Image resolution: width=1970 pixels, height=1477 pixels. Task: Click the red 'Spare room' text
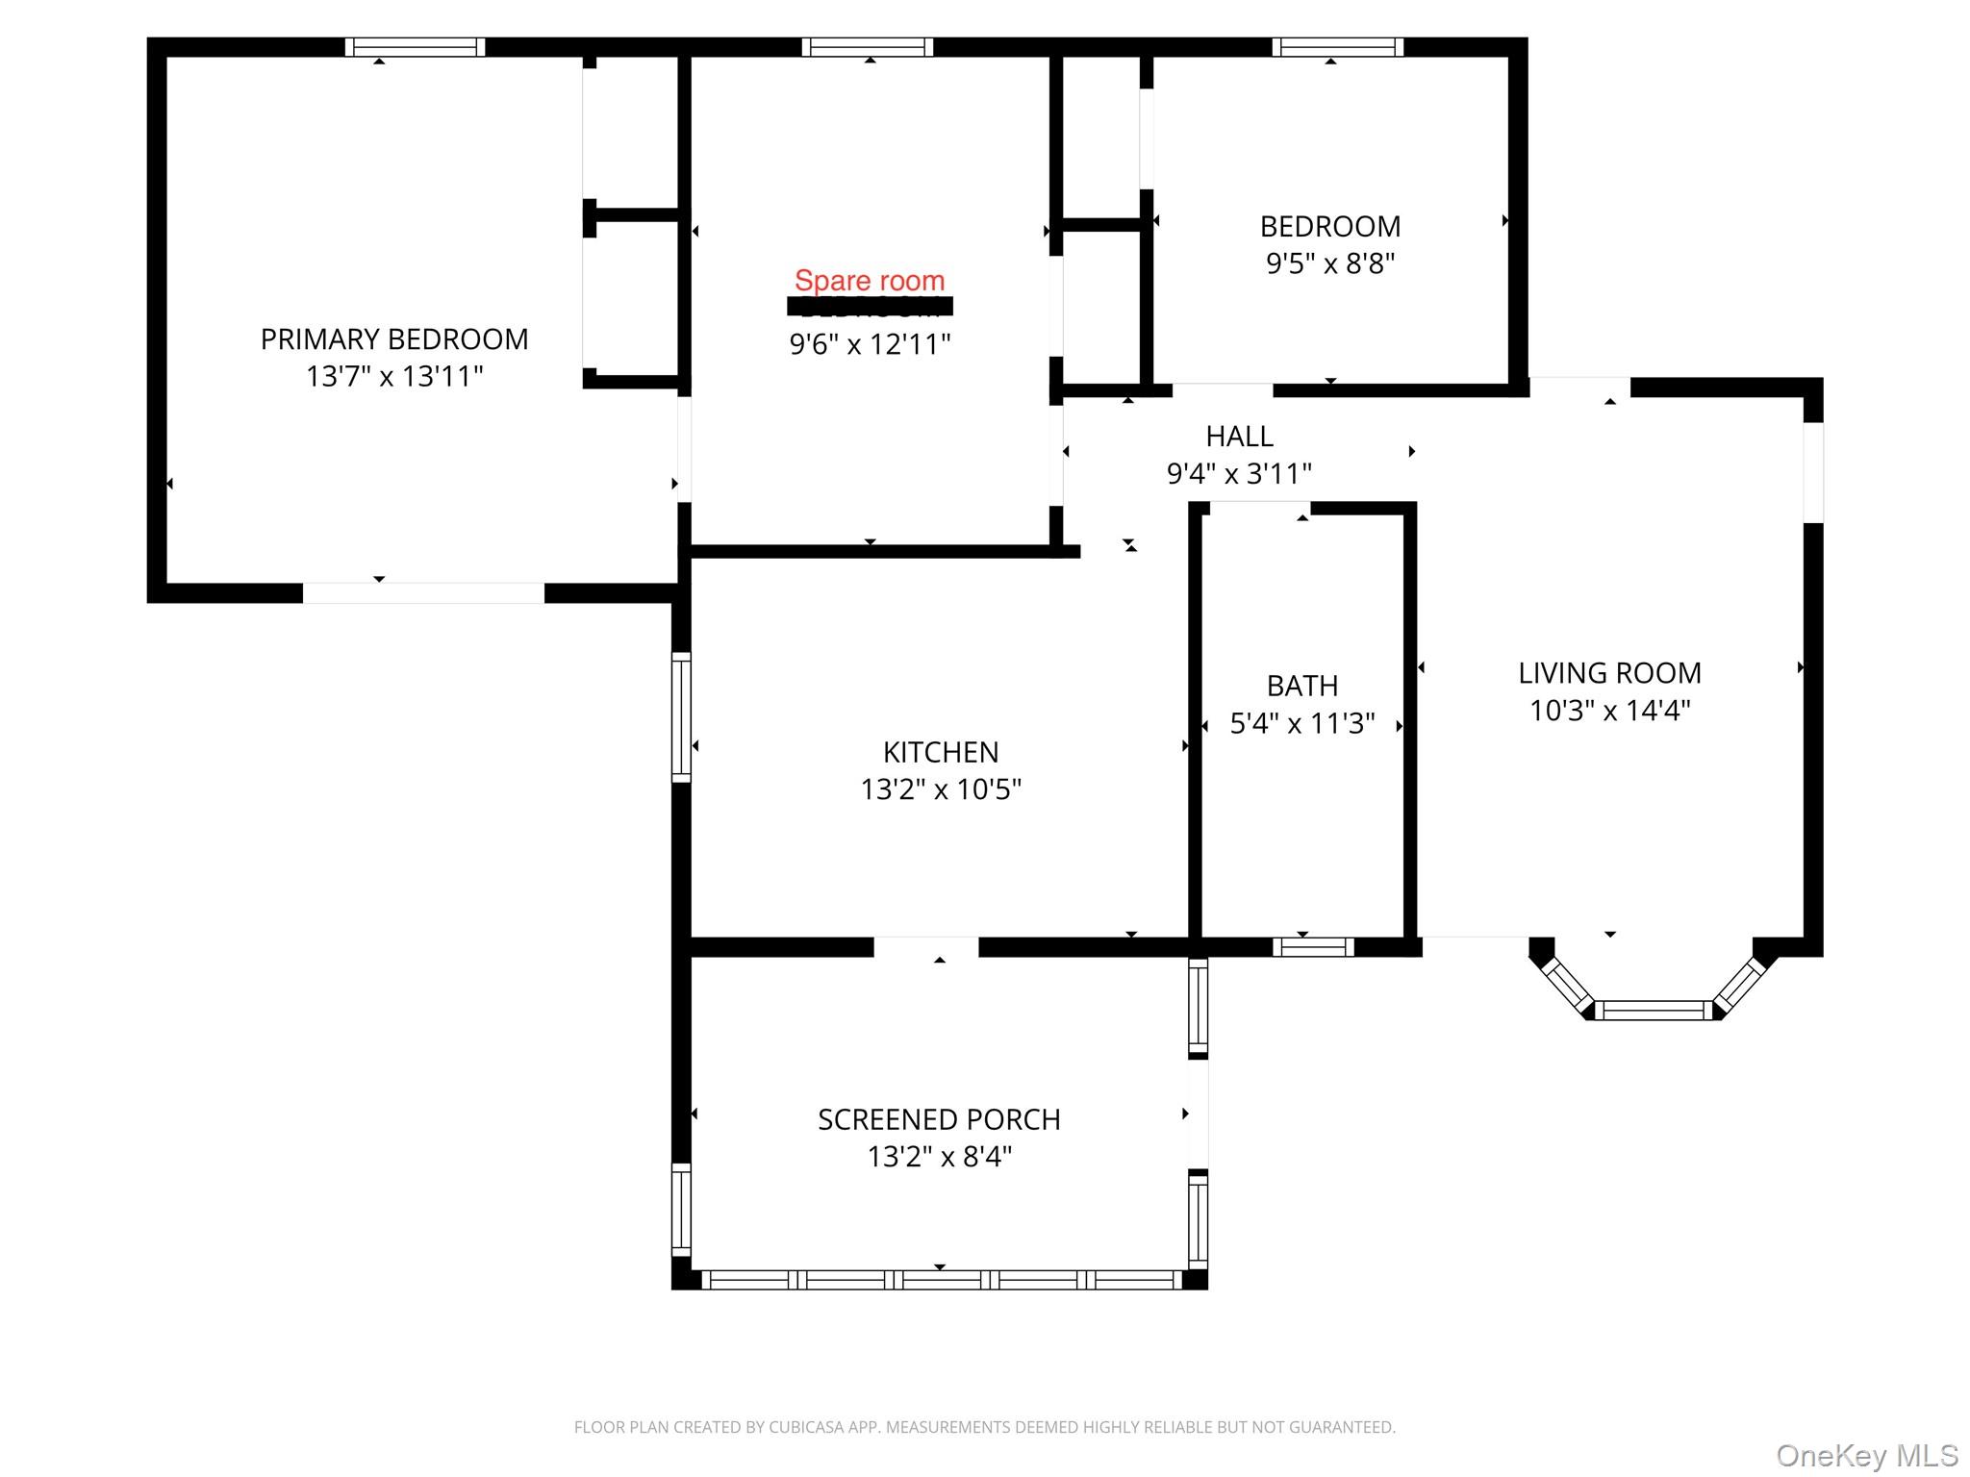pyautogui.click(x=870, y=281)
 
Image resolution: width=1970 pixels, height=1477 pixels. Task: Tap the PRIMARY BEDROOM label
pyautogui.click(x=394, y=339)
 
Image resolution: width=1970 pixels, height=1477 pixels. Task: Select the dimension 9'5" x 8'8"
pyautogui.click(x=1330, y=263)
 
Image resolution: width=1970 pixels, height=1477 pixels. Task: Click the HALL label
pyautogui.click(x=1239, y=437)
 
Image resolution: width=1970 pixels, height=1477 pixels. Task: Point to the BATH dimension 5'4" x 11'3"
pyautogui.click(x=1302, y=723)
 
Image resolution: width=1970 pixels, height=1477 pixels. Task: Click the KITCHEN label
pyautogui.click(x=941, y=752)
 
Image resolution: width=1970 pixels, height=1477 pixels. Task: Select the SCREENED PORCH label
pyautogui.click(x=939, y=1119)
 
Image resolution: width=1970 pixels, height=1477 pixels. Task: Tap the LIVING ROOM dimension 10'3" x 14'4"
pyautogui.click(x=1609, y=711)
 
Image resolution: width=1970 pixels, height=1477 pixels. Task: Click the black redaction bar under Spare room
pyautogui.click(x=870, y=306)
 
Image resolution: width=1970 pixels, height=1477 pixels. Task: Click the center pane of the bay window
pyautogui.click(x=1654, y=1010)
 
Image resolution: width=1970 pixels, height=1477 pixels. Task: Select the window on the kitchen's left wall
pyautogui.click(x=681, y=716)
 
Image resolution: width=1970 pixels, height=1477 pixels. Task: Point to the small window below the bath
pyautogui.click(x=1313, y=947)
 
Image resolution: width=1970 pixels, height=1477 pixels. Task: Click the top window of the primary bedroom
pyautogui.click(x=415, y=47)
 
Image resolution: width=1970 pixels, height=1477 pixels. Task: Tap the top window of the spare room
pyautogui.click(x=868, y=47)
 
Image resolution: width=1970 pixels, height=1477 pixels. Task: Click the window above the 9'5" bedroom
pyautogui.click(x=1337, y=47)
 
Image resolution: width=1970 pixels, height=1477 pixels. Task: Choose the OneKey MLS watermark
pyautogui.click(x=1866, y=1455)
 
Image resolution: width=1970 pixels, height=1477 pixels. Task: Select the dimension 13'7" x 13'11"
pyautogui.click(x=394, y=376)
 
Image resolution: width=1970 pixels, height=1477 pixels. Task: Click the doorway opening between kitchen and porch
pyautogui.click(x=925, y=947)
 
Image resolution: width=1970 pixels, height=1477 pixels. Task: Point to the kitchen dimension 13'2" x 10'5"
pyautogui.click(x=941, y=789)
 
